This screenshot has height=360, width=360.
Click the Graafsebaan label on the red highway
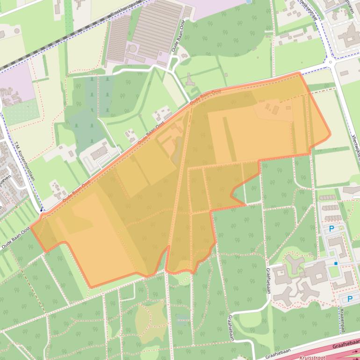coord(346,346)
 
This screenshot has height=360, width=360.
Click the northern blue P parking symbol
coord(331,229)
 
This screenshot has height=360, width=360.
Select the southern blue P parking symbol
coord(349,299)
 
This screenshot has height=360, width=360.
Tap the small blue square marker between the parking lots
coord(336,264)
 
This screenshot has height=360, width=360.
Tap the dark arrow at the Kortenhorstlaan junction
coord(42,209)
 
